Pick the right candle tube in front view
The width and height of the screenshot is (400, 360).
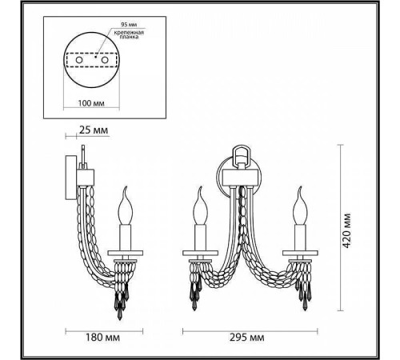[x=302, y=237]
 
